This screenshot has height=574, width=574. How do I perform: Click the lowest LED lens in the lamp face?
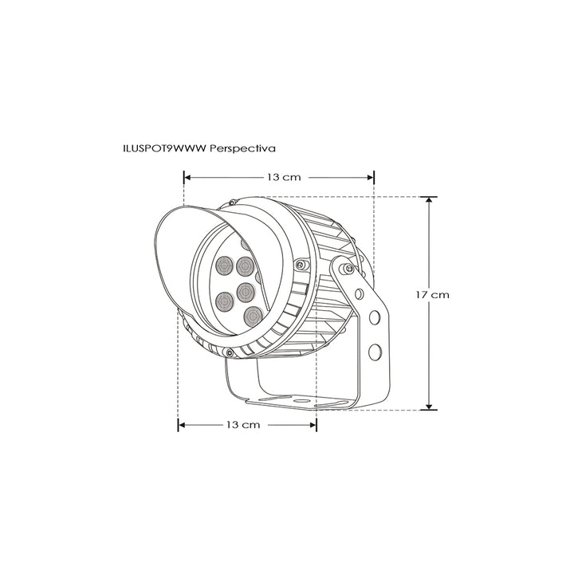point(252,314)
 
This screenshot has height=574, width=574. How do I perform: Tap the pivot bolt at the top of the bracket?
point(348,271)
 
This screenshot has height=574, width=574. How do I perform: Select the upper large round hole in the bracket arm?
point(373,320)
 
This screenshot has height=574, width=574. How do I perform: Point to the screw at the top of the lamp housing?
point(230,202)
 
